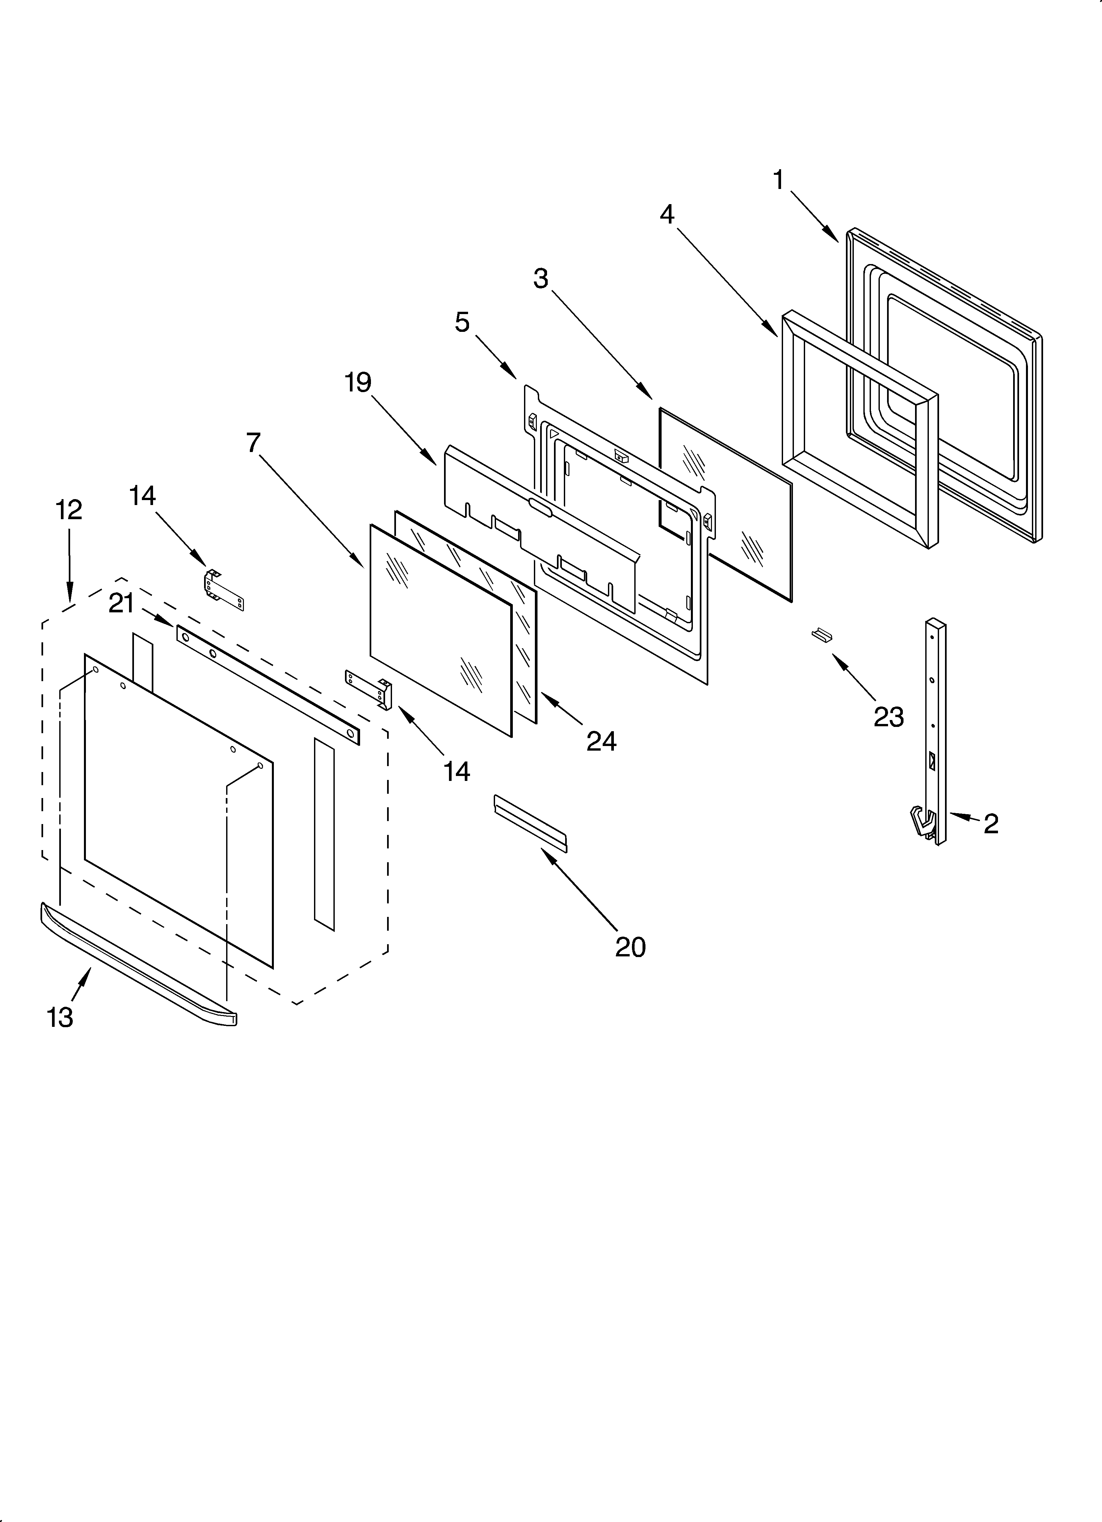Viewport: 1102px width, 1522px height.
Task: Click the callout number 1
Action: click(778, 180)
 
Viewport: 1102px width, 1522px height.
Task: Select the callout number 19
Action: click(358, 383)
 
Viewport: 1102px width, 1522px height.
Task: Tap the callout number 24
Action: click(601, 741)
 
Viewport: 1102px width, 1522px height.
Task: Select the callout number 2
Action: click(991, 823)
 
